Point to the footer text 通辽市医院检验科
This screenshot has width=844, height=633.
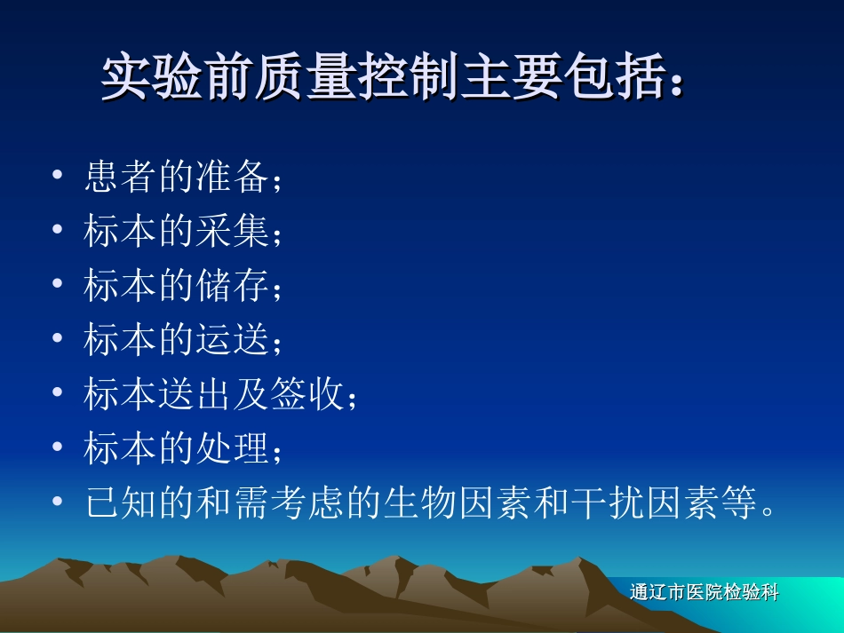[704, 593]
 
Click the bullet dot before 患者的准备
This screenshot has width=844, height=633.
[58, 178]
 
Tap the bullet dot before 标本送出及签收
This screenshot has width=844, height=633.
[58, 394]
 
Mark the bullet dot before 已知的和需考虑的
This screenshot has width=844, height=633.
[58, 503]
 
